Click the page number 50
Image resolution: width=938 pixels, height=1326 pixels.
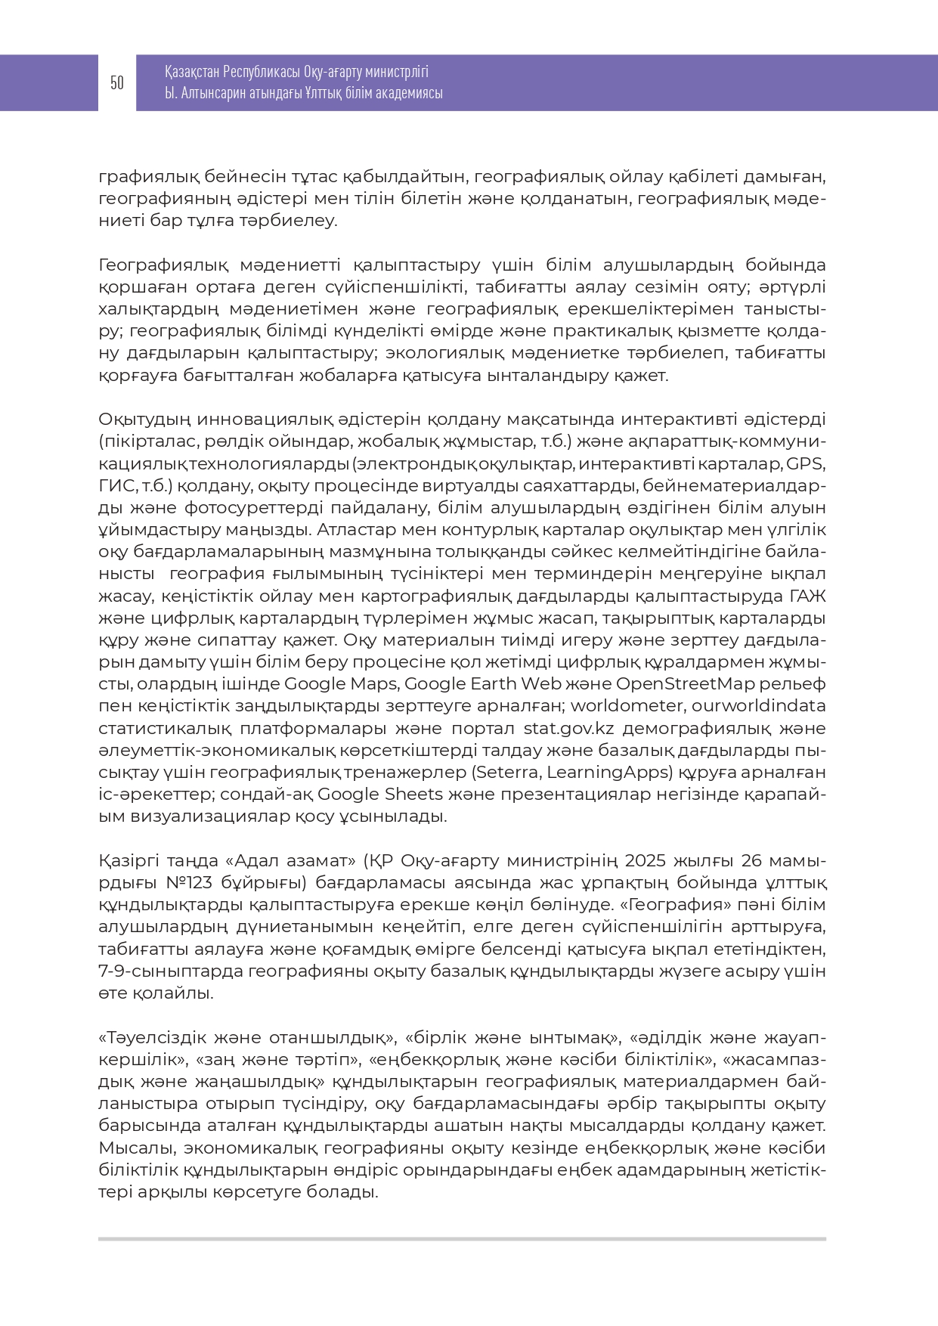(x=117, y=83)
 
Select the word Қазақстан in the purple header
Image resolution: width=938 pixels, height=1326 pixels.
(x=192, y=72)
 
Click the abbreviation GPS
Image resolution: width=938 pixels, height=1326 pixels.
(x=806, y=463)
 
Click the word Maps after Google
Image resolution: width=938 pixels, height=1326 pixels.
(x=373, y=684)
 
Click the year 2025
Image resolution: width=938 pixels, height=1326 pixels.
(x=646, y=861)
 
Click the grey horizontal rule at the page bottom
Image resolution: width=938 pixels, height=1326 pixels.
(x=462, y=1239)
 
